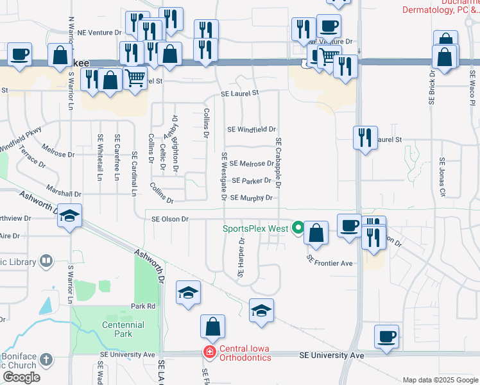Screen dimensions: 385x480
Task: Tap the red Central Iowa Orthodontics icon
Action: tap(209, 352)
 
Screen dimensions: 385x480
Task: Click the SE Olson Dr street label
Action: tap(169, 219)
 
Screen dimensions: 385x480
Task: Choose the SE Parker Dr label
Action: tap(252, 181)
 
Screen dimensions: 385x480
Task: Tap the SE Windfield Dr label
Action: tap(252, 129)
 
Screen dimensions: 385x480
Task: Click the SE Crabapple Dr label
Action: tap(279, 163)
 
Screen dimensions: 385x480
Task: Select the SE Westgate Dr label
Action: tap(224, 176)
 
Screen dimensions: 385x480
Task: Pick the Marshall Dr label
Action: tap(64, 193)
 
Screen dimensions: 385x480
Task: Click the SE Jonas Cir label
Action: tap(442, 176)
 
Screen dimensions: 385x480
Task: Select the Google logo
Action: tap(21, 377)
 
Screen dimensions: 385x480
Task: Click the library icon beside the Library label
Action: tap(46, 261)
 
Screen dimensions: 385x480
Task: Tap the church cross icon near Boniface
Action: tap(46, 359)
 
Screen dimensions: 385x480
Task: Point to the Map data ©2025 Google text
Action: tap(440, 380)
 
